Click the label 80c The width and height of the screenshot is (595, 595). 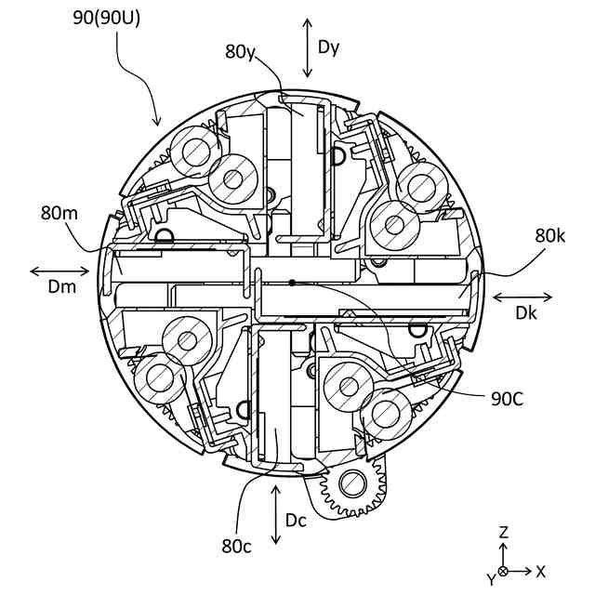pos(237,546)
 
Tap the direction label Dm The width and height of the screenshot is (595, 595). pos(60,287)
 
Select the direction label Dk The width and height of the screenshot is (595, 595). pos(525,313)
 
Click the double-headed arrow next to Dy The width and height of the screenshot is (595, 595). pos(307,46)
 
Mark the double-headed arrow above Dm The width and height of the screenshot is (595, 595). pos(60,271)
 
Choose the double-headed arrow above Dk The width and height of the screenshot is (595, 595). pos(522,297)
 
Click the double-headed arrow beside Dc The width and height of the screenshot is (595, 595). pos(275,514)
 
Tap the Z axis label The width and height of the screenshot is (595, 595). pos(503,533)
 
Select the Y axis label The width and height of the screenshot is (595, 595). pos(490,580)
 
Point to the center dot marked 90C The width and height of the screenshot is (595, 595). pos(292,282)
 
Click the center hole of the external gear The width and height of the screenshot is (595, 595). pos(352,482)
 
